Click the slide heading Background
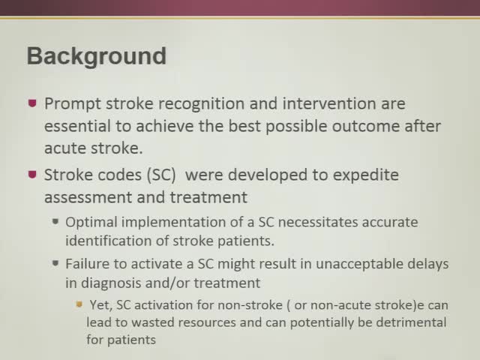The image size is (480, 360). click(96, 56)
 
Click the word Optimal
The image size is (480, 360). click(88, 223)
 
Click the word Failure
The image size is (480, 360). click(87, 264)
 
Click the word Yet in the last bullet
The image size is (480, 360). click(98, 307)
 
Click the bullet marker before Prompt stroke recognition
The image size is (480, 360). click(31, 103)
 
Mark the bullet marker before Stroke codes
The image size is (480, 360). click(31, 174)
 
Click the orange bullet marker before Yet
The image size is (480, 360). click(78, 305)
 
